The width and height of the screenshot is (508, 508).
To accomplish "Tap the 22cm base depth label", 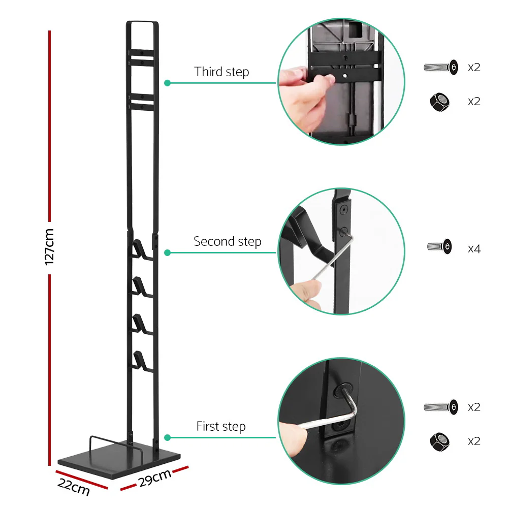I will tap(73, 486).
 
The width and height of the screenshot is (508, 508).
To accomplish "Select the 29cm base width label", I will tap(154, 478).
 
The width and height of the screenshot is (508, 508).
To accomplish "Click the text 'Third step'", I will tap(221, 72).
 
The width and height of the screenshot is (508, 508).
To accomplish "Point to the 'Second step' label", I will tap(227, 241).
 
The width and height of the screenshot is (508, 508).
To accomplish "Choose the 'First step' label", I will tap(221, 426).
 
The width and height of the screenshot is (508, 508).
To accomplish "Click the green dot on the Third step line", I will tap(167, 82).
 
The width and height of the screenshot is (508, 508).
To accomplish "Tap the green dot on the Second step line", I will tap(167, 252).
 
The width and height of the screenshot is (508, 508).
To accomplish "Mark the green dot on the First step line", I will tap(167, 437).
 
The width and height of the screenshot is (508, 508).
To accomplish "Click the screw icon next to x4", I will tap(439, 247).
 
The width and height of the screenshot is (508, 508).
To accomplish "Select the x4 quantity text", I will tap(473, 249).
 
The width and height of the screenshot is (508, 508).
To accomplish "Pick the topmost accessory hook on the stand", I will tap(139, 249).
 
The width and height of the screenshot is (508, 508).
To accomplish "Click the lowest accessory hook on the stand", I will tap(139, 360).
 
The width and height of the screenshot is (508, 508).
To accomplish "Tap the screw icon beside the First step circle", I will tap(440, 407).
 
